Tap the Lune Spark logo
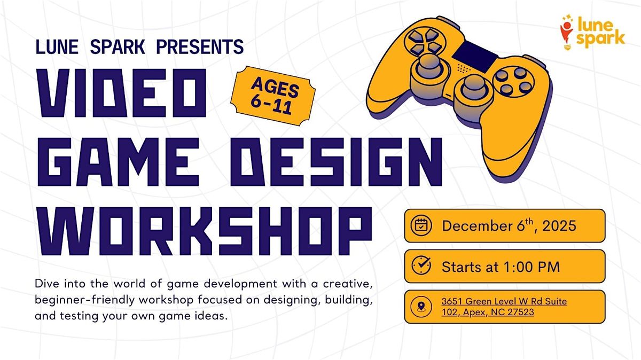(x=592, y=32)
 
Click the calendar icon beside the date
(x=421, y=225)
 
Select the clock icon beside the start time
(x=421, y=266)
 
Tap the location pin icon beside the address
(x=421, y=307)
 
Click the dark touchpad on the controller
(x=472, y=52)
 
